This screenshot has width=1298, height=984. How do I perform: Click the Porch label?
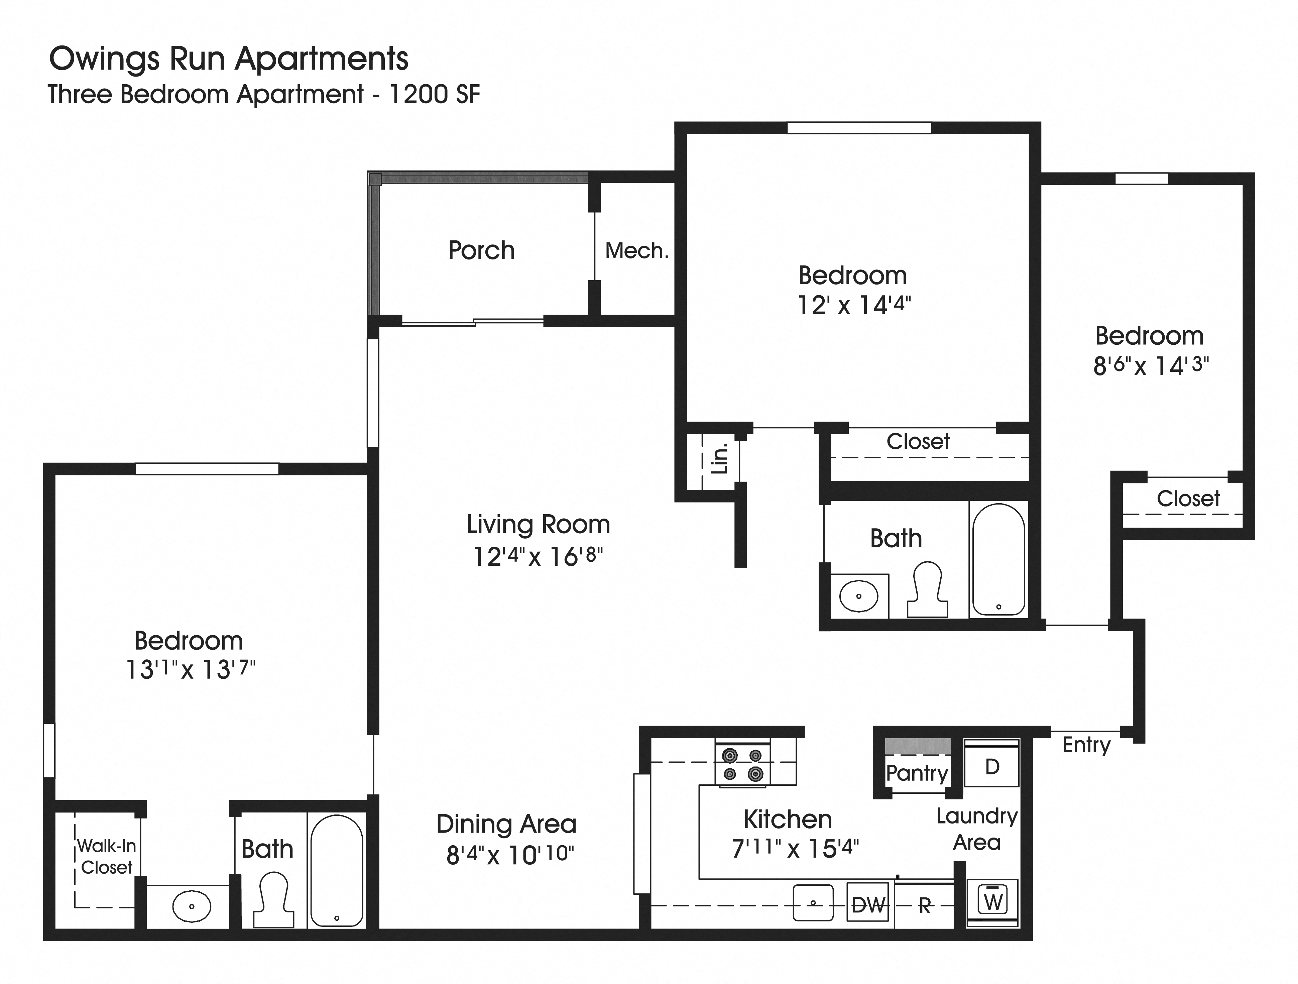(481, 250)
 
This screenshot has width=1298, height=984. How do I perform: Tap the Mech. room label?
(637, 251)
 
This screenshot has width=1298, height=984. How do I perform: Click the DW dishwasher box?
(868, 905)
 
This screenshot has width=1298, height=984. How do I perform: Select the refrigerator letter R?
(925, 906)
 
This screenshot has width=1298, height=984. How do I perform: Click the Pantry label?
(917, 773)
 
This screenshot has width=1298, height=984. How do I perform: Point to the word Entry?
(1086, 745)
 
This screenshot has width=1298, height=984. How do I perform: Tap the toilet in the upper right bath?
(927, 590)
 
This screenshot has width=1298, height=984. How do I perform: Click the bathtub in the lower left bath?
(336, 871)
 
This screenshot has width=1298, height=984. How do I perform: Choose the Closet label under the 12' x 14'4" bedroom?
(918, 441)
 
